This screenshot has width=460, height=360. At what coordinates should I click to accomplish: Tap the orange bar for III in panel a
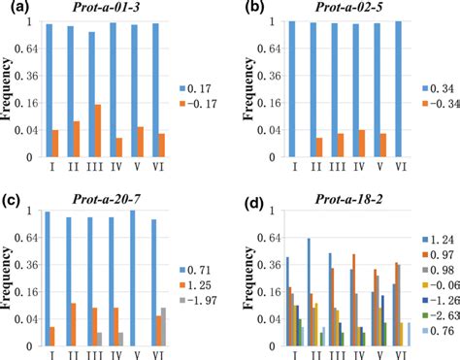point(98,130)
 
